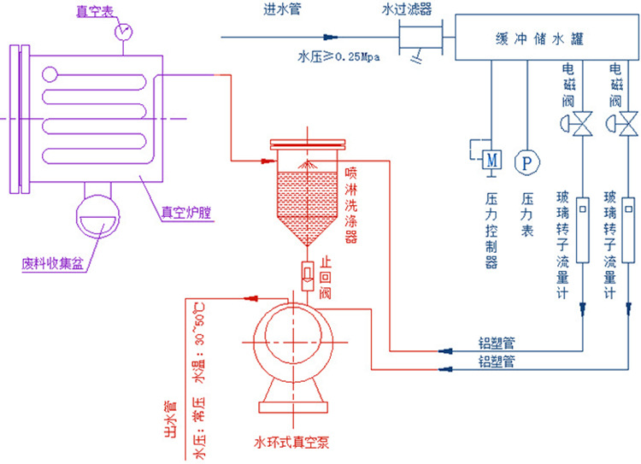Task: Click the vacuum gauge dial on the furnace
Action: pos(125,31)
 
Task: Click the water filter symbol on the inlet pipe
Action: pos(422,37)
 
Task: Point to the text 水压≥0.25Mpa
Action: pos(338,58)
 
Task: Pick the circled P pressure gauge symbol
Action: pos(525,161)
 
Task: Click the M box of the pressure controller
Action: pos(491,160)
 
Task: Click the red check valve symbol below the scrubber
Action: pos(306,274)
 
